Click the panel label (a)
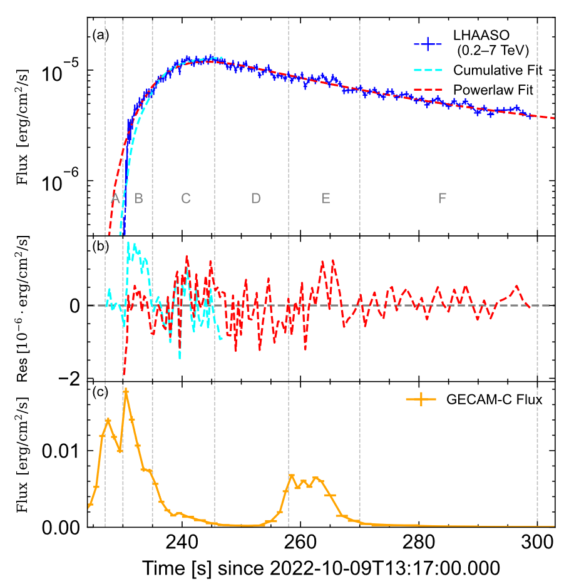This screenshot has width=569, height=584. point(100,36)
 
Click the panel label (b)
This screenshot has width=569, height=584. point(100,246)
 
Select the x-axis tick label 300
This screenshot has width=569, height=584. point(537,542)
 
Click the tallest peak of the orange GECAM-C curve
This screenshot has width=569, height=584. point(126,391)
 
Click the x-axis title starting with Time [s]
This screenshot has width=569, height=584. point(320,568)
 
